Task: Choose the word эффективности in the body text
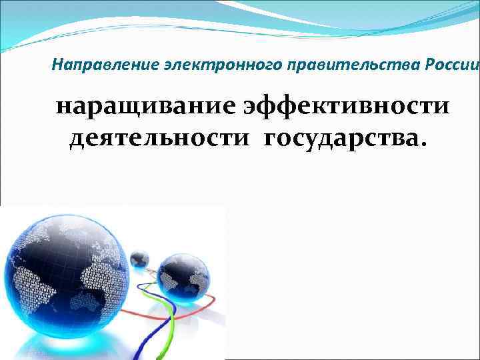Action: pos(346,108)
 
